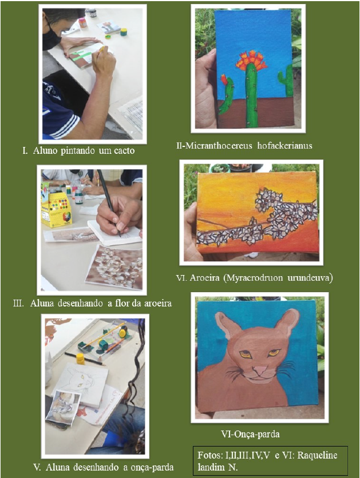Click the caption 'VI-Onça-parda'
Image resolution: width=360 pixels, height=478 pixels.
pos(250,434)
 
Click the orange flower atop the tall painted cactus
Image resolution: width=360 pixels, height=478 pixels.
pos(250,59)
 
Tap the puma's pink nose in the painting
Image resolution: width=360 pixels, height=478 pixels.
pos(261,369)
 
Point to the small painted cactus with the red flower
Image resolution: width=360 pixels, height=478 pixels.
pos(227,95)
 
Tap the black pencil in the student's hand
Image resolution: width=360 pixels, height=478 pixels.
pos(108,197)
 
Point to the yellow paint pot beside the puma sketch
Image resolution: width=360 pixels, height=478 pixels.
pos(81,358)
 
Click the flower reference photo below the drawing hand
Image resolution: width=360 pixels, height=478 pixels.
pos(114,266)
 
